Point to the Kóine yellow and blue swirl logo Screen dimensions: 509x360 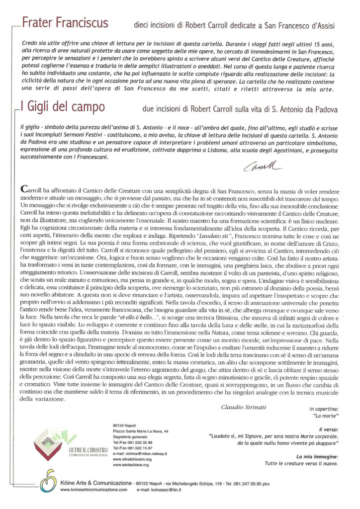tap(48, 481)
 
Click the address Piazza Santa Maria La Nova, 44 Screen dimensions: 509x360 tap(141, 431)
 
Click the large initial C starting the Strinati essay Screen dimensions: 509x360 tap(26, 189)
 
